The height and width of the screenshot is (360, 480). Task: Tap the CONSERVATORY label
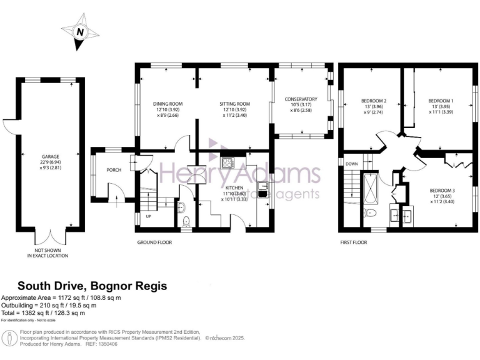(301, 99)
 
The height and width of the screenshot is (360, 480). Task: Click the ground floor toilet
(187, 220)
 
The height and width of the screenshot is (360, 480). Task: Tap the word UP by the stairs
(147, 216)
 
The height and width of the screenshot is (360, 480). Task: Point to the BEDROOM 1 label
(441, 100)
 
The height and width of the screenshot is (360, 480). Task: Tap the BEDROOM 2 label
(374, 100)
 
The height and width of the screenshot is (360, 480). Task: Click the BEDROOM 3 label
(441, 190)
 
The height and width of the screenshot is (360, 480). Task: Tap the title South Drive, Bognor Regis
(92, 286)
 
